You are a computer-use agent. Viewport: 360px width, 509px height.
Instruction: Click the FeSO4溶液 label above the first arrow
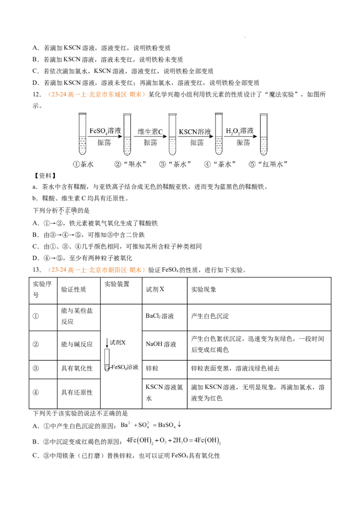point(105,131)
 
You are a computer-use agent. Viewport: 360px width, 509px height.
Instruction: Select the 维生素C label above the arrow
point(150,131)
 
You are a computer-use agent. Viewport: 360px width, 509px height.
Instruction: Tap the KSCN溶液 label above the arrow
point(195,131)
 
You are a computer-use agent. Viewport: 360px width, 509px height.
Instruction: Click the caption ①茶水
point(84,165)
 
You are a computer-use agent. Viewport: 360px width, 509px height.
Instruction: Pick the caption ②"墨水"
point(131,165)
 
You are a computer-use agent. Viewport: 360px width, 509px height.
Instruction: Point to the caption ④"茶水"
point(220,165)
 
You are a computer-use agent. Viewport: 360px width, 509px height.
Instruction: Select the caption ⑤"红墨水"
point(268,165)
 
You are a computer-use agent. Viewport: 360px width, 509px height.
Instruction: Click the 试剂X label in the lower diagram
point(118,342)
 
